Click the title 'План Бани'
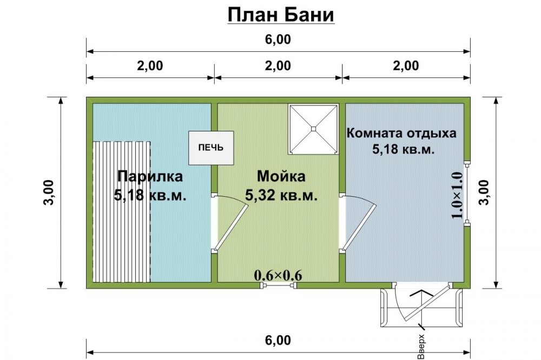[x=281, y=15]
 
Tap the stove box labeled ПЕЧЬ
[x=211, y=148]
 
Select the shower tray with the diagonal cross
[x=313, y=129]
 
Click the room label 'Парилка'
[x=150, y=176]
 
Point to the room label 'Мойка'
[x=281, y=176]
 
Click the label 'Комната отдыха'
[x=401, y=133]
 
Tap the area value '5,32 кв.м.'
[x=281, y=196]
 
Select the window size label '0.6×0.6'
[x=278, y=275]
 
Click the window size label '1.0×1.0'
[x=457, y=195]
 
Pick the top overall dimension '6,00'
[x=278, y=39]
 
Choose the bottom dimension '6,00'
[x=278, y=341]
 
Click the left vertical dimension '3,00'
[x=49, y=192]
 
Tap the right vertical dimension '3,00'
[x=484, y=192]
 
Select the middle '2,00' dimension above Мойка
[x=278, y=65]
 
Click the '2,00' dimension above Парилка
[x=150, y=65]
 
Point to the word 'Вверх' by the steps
[x=421, y=346]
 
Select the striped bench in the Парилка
[x=121, y=212]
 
